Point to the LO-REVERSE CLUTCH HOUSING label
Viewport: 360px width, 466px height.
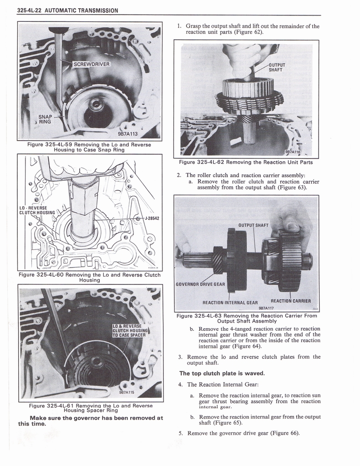[x=36, y=210]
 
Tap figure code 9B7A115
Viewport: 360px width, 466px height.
[x=127, y=392]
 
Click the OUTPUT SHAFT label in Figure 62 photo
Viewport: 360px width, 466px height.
[x=276, y=67]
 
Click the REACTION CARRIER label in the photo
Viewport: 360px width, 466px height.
[x=290, y=301]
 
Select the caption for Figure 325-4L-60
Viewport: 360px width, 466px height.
[x=89, y=277]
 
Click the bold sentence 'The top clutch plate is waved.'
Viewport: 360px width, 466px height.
[x=222, y=373]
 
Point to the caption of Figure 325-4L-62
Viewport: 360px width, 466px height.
[x=246, y=162]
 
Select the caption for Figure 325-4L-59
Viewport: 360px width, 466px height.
[x=89, y=147]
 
